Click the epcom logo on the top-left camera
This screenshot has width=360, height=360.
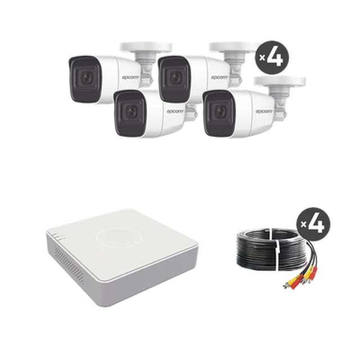(x=130, y=77)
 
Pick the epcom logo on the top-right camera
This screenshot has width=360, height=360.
(x=220, y=77)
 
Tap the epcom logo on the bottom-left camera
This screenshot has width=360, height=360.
(x=175, y=111)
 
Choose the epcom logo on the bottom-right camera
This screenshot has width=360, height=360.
(x=264, y=111)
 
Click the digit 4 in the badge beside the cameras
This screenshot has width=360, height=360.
(x=275, y=57)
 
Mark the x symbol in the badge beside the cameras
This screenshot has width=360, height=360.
(x=262, y=57)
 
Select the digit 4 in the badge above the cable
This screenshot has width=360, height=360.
(x=316, y=224)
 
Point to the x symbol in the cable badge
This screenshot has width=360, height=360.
(x=304, y=224)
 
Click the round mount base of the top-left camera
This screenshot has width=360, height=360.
(x=146, y=47)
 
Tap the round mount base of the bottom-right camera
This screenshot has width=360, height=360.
(x=280, y=81)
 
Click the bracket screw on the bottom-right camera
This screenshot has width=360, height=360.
(x=285, y=114)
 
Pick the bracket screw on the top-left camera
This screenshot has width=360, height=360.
(x=151, y=80)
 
